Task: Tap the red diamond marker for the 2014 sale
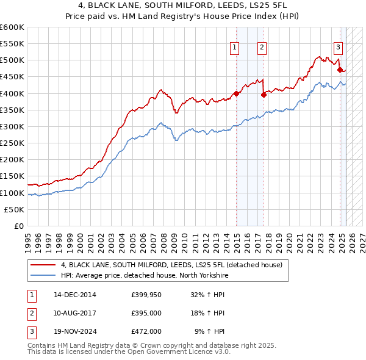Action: (x=236, y=93)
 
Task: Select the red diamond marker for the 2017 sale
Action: (x=264, y=95)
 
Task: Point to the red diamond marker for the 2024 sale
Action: (x=340, y=70)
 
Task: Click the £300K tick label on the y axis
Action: (x=12, y=126)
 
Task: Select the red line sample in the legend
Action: (x=43, y=265)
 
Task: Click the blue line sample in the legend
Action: (x=43, y=276)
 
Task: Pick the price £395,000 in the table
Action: (x=146, y=313)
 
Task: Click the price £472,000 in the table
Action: (x=146, y=331)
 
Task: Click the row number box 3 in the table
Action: (x=31, y=331)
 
